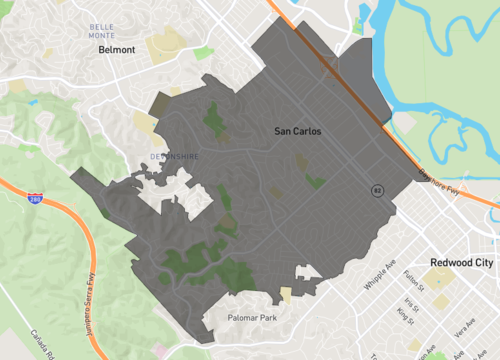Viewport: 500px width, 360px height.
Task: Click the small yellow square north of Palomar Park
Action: (286, 294)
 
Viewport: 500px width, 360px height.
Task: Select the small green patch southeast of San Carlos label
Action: (316, 182)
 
